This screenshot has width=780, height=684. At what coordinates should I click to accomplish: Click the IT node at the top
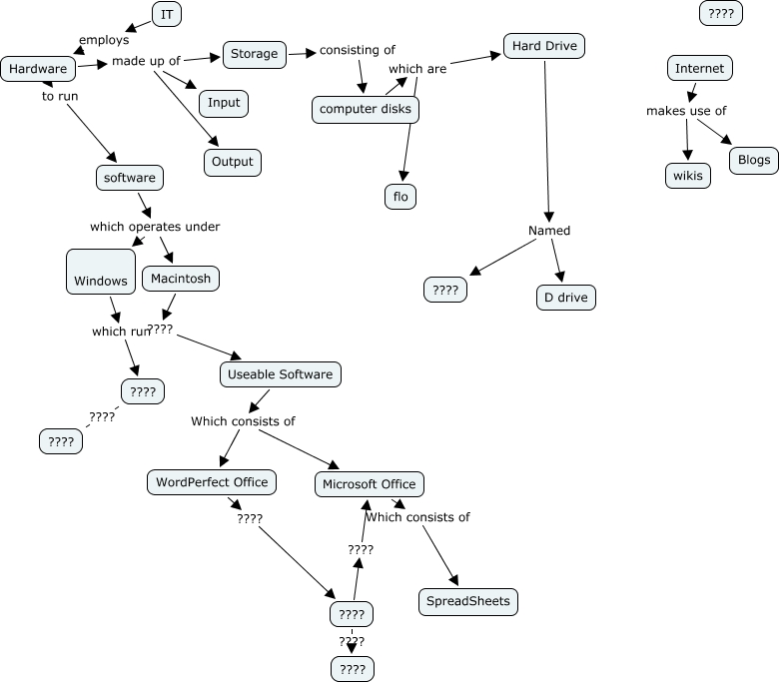(x=167, y=14)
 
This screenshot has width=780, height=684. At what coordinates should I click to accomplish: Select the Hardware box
(x=38, y=69)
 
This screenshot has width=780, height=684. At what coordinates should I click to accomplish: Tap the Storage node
(x=255, y=54)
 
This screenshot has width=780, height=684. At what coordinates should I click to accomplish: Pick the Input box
(x=224, y=103)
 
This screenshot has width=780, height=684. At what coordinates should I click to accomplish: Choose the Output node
(x=233, y=162)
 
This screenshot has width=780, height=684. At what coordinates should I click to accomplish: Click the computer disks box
(x=366, y=110)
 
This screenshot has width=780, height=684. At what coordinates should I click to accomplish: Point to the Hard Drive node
(x=543, y=46)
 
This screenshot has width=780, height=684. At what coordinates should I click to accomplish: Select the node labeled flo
(x=400, y=197)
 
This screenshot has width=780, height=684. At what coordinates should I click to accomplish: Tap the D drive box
(x=566, y=298)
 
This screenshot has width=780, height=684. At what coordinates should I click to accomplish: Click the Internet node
(x=700, y=69)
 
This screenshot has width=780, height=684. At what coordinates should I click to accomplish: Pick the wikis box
(x=687, y=176)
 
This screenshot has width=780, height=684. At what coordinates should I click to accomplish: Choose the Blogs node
(x=754, y=160)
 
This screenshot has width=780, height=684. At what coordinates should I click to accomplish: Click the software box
(x=130, y=178)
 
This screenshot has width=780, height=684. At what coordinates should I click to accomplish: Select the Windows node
(x=101, y=272)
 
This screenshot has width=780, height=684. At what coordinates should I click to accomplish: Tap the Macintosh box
(x=181, y=279)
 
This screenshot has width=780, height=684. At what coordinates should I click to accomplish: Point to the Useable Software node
(x=281, y=374)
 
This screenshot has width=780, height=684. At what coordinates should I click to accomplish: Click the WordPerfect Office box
(x=212, y=482)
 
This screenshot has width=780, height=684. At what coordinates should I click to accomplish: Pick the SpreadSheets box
(x=468, y=601)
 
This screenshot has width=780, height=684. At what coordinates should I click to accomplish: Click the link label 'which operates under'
(x=155, y=227)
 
